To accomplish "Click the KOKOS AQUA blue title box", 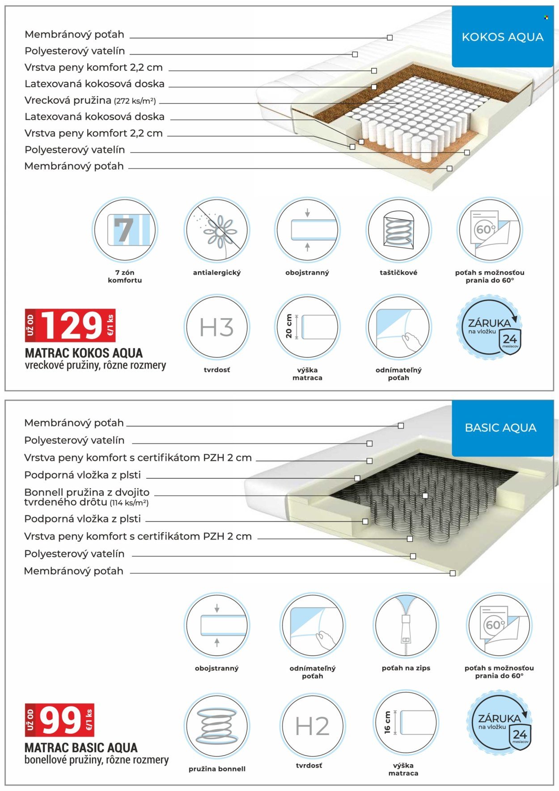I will pyautogui.click(x=502, y=37).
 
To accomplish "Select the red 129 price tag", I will pyautogui.click(x=70, y=326).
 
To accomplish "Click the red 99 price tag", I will pyautogui.click(x=59, y=720).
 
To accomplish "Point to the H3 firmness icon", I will pyautogui.click(x=217, y=327).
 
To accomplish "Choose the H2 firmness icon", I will pyautogui.click(x=312, y=725).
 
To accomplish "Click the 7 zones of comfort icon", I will pyautogui.click(x=125, y=230).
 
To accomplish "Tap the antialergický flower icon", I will pyautogui.click(x=217, y=230).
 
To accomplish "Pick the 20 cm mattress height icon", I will pyautogui.click(x=307, y=327).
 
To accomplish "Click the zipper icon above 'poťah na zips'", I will pyautogui.click(x=406, y=625).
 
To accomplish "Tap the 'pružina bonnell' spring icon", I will pyautogui.click(x=217, y=725).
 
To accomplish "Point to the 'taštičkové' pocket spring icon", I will pyautogui.click(x=398, y=230).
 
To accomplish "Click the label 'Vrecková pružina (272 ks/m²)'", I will pyautogui.click(x=90, y=100).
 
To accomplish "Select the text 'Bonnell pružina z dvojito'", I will pyautogui.click(x=87, y=492).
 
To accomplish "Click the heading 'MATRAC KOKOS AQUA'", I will pyautogui.click(x=84, y=353).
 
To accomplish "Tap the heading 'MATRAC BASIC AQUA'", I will pyautogui.click(x=81, y=748).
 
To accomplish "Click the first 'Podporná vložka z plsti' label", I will pyautogui.click(x=82, y=475).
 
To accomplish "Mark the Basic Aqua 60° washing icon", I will pyautogui.click(x=499, y=625).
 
